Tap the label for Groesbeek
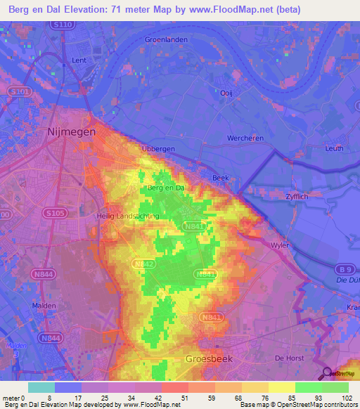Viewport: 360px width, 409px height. tap(209, 359)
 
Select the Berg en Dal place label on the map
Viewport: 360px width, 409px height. tap(166, 188)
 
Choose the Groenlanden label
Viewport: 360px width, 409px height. tap(166, 39)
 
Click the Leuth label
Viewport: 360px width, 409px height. tap(334, 148)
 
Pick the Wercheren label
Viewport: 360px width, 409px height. tap(245, 138)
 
